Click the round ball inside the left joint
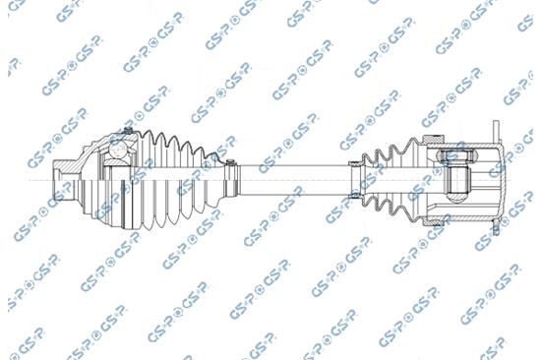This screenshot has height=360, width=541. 118,150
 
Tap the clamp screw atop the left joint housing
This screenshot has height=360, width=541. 128,131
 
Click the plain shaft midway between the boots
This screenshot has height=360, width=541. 294,180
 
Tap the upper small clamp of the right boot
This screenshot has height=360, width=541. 355,164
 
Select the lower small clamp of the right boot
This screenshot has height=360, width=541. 355,196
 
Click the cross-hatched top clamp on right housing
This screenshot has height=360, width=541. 433,139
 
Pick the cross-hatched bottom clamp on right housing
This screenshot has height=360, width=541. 433,221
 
